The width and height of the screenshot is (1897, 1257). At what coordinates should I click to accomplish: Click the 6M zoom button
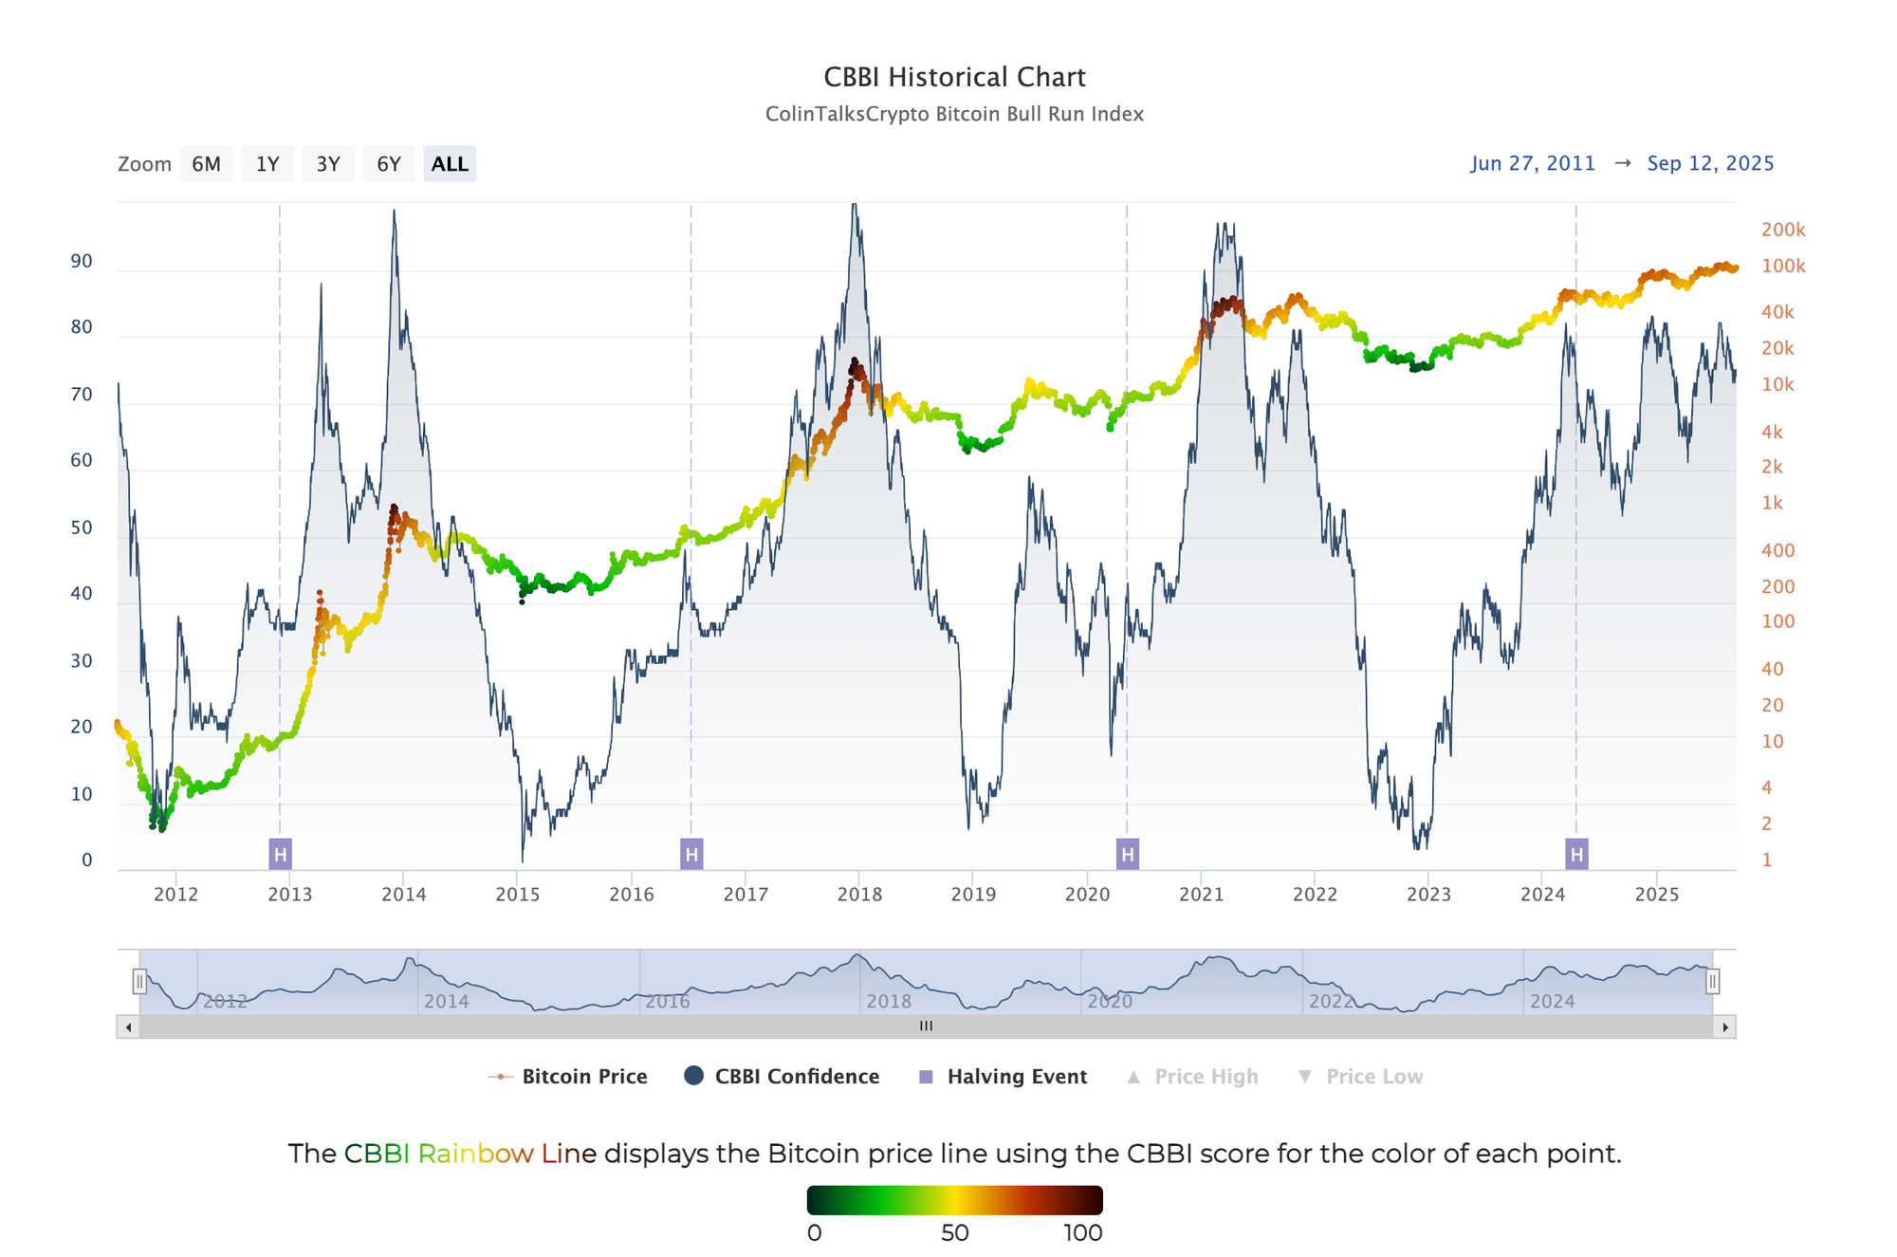point(206,164)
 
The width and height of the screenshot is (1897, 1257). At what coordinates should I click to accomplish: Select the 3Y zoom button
point(327,164)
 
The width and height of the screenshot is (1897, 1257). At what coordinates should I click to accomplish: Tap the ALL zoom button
point(450,164)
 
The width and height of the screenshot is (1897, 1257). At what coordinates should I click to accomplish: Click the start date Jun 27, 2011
point(1533,163)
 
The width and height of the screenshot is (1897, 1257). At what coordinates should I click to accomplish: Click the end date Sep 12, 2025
point(1710,163)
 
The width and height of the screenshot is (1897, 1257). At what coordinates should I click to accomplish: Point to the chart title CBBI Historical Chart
point(954,77)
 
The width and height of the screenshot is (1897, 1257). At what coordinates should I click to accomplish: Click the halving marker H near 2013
point(280,855)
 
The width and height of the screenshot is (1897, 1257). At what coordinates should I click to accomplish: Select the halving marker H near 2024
point(1576,855)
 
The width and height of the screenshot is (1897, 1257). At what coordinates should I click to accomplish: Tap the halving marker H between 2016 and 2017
point(691,855)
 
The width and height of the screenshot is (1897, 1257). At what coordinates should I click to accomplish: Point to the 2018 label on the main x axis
point(859,895)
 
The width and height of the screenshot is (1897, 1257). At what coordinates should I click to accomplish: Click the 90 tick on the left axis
point(82,262)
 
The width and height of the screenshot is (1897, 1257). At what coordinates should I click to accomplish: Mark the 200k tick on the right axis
point(1783,230)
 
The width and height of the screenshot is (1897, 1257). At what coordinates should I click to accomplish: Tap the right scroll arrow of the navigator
point(1725,1026)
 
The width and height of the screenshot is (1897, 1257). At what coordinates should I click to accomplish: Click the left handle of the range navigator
point(139,981)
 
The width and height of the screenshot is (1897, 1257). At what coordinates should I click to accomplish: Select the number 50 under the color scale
point(954,1233)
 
